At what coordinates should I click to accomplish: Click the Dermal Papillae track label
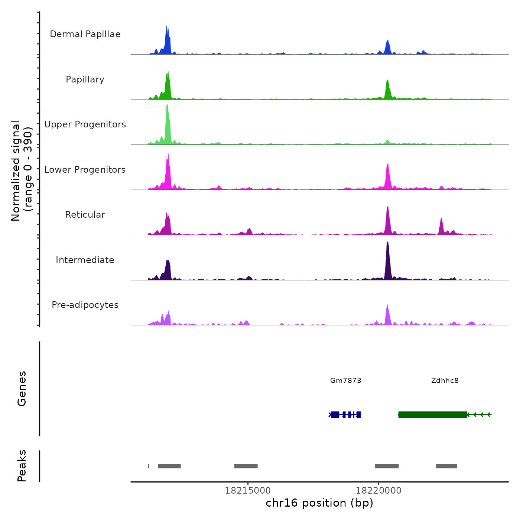coord(85,34)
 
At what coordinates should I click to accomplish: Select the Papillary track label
coord(85,79)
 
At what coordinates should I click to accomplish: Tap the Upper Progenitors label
coord(85,124)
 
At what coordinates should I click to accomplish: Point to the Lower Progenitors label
coord(85,170)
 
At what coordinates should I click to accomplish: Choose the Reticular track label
coord(85,215)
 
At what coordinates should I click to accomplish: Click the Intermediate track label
coord(85,260)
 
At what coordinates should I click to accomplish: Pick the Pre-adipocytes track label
coord(85,305)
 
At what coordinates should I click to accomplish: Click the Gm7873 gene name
coord(345,380)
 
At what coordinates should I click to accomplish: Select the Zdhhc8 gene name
coord(445,380)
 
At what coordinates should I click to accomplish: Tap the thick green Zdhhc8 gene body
coord(432,415)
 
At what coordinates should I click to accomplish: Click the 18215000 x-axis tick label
coord(248,490)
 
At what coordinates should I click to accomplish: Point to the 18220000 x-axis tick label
coord(378,490)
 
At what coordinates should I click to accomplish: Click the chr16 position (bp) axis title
coord(319,503)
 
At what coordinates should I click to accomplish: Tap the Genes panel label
coord(22,389)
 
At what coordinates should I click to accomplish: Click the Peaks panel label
coord(22,466)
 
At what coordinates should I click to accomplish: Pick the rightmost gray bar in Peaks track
coord(446,466)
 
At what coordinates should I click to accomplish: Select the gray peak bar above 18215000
coord(246,466)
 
